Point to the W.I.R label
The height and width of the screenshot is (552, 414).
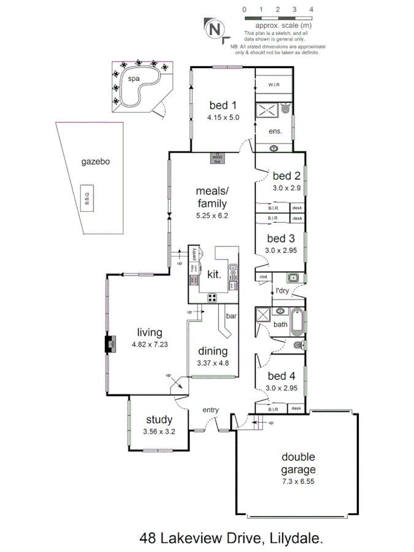point(274,85)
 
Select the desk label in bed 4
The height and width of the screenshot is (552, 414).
point(297,408)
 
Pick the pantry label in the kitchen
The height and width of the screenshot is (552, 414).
point(194,254)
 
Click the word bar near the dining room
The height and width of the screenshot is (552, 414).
point(232,316)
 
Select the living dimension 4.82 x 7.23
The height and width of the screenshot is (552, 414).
point(150,345)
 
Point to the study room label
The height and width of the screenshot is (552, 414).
point(159,420)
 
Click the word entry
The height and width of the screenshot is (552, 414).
point(212,410)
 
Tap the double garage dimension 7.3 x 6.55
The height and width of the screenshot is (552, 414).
point(299,481)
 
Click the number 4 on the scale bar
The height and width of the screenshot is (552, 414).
point(312,10)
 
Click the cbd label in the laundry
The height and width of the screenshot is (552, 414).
point(264,276)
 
